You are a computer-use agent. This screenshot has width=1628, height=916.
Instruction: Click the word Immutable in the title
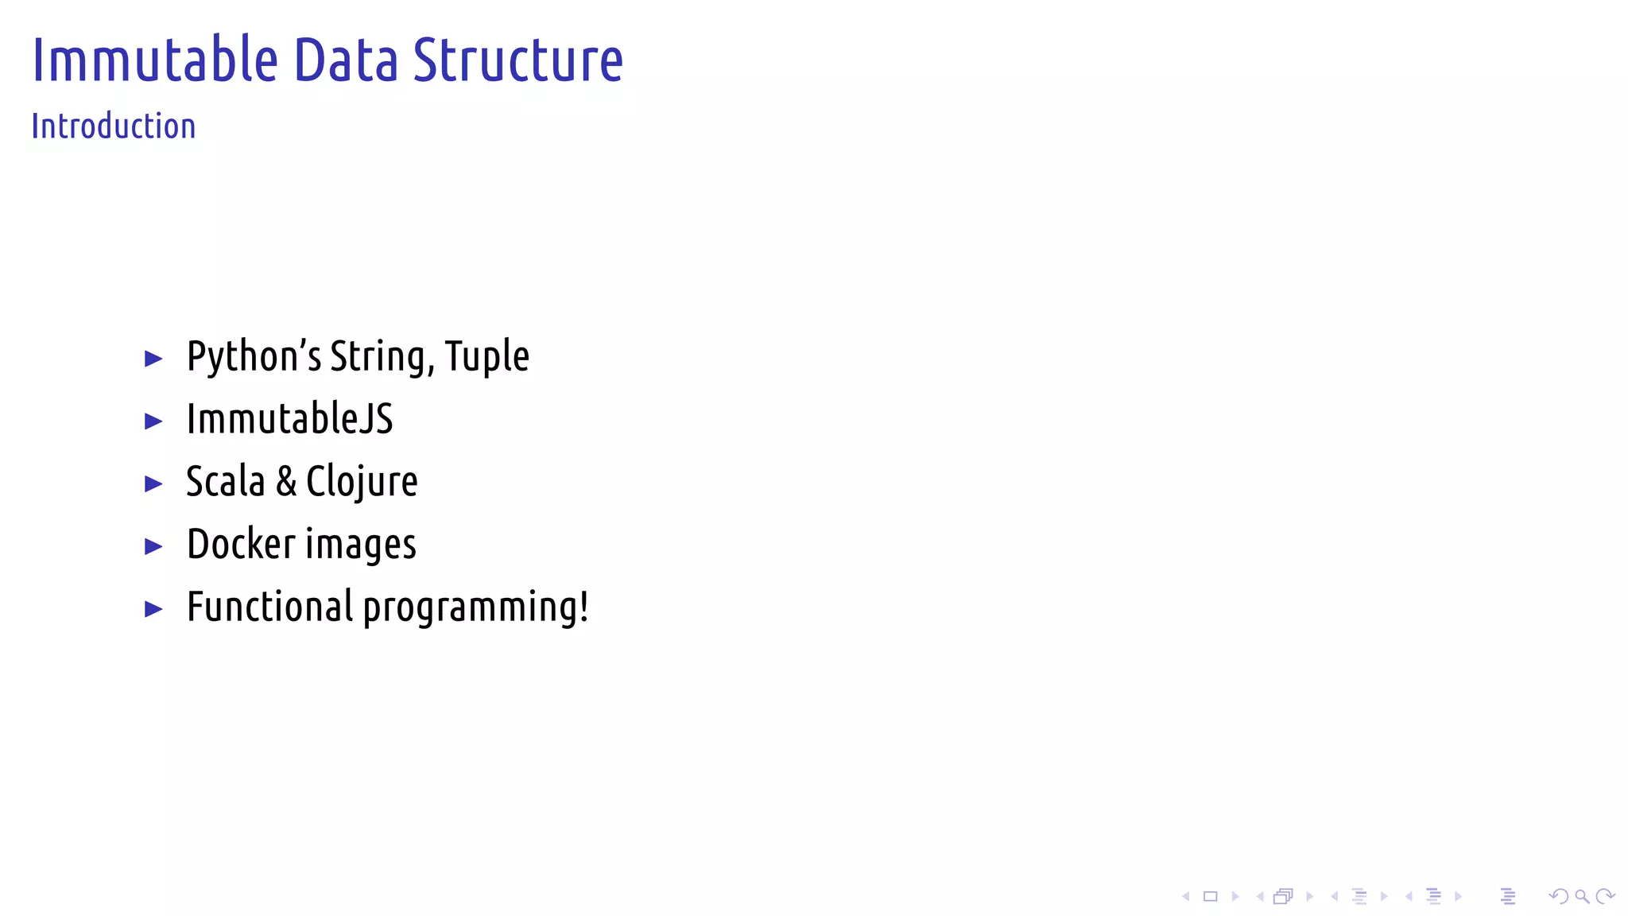[155, 60]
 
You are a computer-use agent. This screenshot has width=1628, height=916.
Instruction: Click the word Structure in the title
[518, 60]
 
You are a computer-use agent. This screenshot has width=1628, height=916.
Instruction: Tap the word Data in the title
[346, 60]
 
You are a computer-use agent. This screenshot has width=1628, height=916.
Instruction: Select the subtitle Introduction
[114, 126]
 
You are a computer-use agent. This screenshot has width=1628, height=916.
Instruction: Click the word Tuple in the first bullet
[486, 356]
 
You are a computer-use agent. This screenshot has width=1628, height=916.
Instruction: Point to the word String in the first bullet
[382, 356]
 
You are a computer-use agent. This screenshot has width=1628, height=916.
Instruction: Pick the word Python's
[254, 356]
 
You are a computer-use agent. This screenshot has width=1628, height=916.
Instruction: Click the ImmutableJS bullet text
[289, 419]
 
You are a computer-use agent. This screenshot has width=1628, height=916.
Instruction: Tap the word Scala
[225, 482]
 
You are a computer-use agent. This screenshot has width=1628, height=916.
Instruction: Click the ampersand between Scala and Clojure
[286, 482]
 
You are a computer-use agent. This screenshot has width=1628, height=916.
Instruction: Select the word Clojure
[362, 482]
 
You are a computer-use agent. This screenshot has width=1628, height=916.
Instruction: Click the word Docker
[241, 545]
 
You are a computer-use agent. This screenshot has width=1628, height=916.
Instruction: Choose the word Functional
[269, 607]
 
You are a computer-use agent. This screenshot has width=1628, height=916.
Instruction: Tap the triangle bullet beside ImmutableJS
[153, 421]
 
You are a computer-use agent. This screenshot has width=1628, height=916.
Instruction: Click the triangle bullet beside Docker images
[153, 546]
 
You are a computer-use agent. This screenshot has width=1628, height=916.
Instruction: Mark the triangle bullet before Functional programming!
[153, 609]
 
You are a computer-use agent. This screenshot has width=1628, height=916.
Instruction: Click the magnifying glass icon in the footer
[1582, 897]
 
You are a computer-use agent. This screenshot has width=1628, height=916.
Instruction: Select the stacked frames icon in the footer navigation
[1283, 897]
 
